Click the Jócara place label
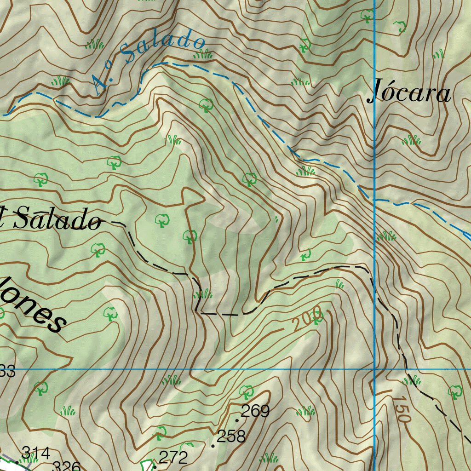(409, 94)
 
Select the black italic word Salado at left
(56, 219)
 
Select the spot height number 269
(255, 411)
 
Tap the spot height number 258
(231, 436)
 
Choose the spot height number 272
(173, 457)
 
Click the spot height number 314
(35, 453)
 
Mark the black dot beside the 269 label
(237, 420)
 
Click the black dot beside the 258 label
(213, 446)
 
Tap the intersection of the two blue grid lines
(375, 369)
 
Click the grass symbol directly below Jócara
(411, 140)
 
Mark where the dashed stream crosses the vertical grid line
(375, 201)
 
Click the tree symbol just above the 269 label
(247, 392)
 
